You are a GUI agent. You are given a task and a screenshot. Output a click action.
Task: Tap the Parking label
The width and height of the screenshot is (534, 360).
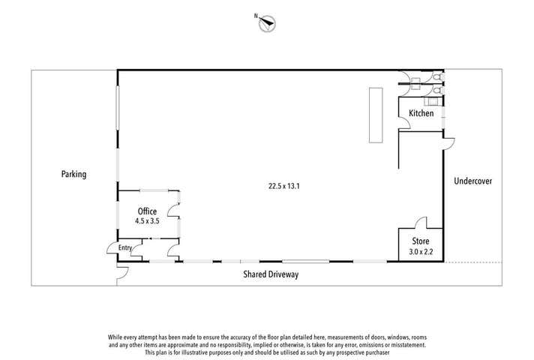pyautogui.click(x=73, y=174)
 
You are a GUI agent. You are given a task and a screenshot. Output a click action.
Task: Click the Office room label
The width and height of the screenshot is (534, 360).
pyautogui.click(x=146, y=211)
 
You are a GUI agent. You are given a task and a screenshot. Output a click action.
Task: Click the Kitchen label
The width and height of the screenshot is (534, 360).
pyautogui.click(x=421, y=114)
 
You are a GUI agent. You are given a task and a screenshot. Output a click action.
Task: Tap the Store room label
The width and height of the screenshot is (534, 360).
pyautogui.click(x=420, y=241)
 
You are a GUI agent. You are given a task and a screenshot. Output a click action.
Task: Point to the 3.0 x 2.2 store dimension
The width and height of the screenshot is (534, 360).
pyautogui.click(x=420, y=251)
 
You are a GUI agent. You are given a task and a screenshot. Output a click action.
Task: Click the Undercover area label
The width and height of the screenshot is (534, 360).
pyautogui.click(x=472, y=181)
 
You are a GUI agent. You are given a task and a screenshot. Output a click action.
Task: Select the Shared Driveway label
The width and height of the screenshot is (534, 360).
pyautogui.click(x=270, y=274)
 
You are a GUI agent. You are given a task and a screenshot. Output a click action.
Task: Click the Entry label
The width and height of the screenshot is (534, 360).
pyautogui.click(x=124, y=248)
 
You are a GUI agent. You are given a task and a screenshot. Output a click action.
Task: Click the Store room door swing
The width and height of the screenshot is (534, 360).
pyautogui.click(x=421, y=223)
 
